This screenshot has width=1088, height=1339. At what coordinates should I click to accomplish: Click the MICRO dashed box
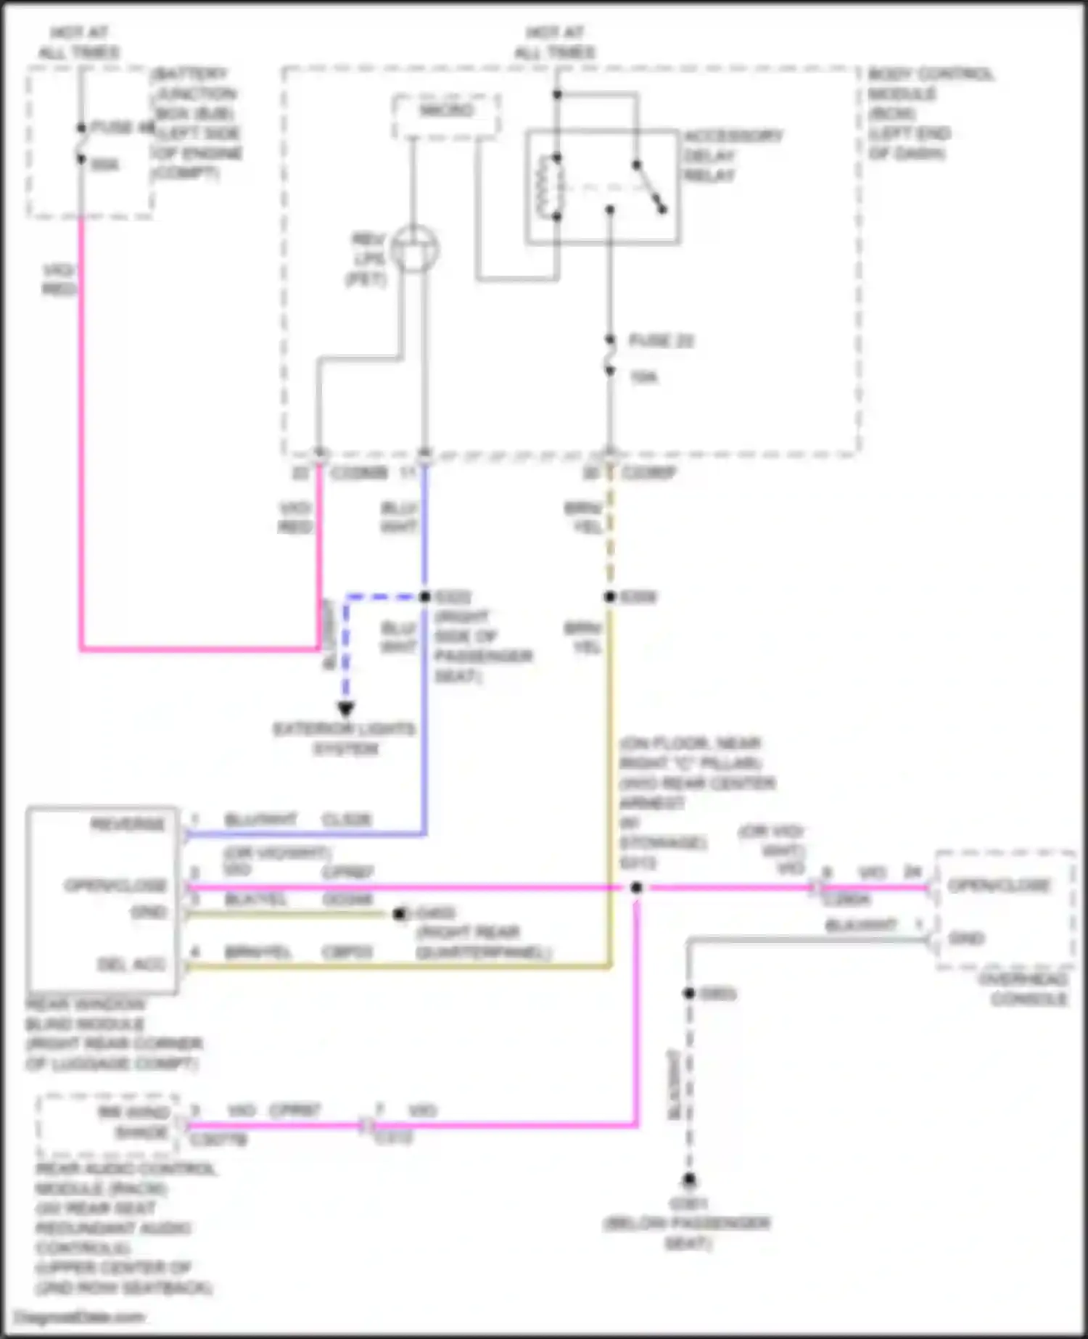tap(446, 115)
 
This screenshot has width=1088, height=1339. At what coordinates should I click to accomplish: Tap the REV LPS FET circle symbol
tap(414, 249)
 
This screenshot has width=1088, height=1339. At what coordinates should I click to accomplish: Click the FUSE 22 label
tap(660, 341)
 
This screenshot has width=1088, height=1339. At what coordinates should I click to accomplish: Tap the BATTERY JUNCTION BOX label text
tap(196, 123)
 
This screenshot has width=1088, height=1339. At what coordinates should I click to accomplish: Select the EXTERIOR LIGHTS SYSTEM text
tap(345, 738)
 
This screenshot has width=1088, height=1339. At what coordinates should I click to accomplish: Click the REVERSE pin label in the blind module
tap(128, 825)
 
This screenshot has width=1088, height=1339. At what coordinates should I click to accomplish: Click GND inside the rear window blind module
tap(148, 912)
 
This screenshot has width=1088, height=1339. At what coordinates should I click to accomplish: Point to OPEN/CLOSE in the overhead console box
tap(999, 885)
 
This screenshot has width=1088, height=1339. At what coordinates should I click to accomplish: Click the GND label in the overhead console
tap(965, 938)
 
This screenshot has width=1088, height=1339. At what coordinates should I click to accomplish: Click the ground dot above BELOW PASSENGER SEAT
tap(689, 1179)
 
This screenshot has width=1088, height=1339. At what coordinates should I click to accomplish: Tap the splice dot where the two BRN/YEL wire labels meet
tap(610, 597)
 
